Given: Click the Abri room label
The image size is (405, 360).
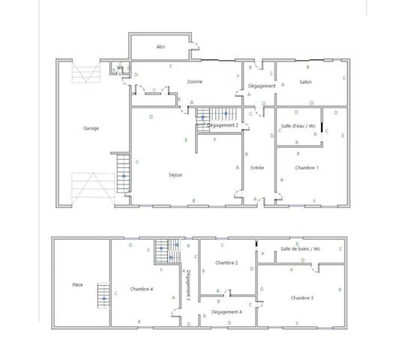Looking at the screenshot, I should click(160, 46).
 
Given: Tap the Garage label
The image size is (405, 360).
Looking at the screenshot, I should click(91, 128).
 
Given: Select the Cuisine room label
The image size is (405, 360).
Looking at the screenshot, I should click(195, 82).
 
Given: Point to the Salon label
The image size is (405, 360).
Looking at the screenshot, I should click(305, 82).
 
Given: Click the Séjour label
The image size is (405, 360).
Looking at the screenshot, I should click(176, 175).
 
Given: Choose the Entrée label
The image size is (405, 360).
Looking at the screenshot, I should click(257, 168).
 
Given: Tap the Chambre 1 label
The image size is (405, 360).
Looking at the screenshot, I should click(307, 168).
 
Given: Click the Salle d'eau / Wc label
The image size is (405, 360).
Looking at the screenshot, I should click(298, 126).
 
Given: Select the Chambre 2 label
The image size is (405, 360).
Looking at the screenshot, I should click(226, 263).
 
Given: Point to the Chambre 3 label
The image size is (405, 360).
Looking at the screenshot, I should click(301, 298).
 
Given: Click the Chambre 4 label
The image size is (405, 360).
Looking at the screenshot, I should click(141, 289).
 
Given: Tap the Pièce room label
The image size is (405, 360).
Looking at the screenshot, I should click(77, 285).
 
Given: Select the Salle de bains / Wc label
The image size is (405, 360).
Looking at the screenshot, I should click(301, 249).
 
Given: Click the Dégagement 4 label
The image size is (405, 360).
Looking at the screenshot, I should click(226, 311).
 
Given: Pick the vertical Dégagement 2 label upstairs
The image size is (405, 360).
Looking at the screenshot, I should click(189, 285).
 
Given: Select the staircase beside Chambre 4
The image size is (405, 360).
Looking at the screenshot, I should click(169, 251).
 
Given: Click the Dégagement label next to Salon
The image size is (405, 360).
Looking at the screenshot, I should click(262, 86).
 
